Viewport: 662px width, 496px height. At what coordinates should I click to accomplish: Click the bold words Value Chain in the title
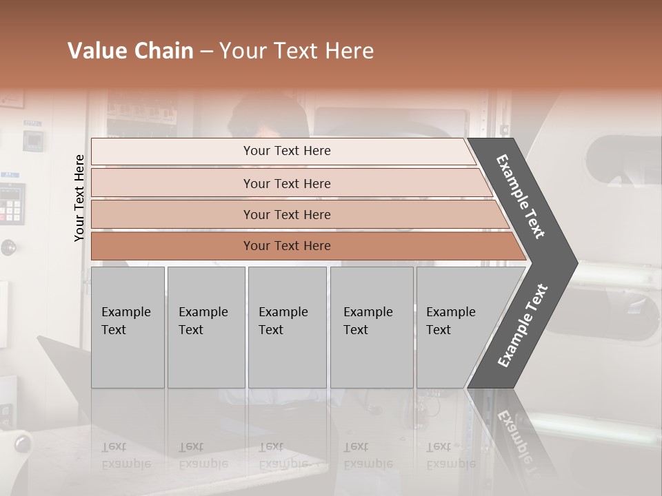[130, 51]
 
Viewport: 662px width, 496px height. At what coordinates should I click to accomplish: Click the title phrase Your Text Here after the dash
[297, 51]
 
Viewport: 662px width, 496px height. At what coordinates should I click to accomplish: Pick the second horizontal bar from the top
[286, 183]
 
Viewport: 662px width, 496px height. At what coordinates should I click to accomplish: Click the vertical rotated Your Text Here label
[79, 198]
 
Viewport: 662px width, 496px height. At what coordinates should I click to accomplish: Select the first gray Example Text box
[128, 327]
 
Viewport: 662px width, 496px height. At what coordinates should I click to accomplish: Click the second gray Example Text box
[205, 327]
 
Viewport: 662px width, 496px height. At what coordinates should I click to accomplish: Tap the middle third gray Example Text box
[287, 327]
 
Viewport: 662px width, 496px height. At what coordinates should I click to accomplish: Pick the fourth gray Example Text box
[372, 327]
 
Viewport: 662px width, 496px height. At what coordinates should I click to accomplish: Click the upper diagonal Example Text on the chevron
[521, 196]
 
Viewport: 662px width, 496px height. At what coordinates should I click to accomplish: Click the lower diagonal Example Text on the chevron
[523, 325]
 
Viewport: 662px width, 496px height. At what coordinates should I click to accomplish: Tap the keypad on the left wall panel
[11, 204]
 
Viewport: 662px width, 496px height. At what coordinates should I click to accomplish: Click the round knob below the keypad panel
[8, 247]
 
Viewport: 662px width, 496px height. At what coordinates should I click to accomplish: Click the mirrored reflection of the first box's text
[126, 455]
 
